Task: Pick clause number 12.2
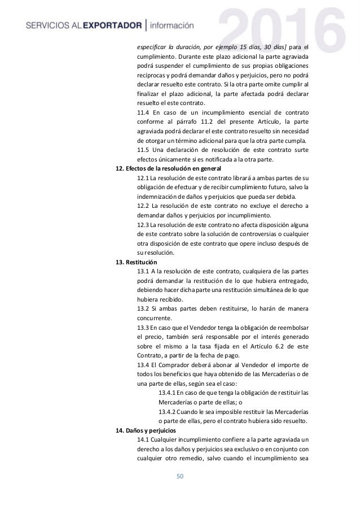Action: click(143, 206)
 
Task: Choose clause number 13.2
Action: click(143, 309)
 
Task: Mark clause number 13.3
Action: click(143, 328)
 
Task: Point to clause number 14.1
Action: click(143, 439)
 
